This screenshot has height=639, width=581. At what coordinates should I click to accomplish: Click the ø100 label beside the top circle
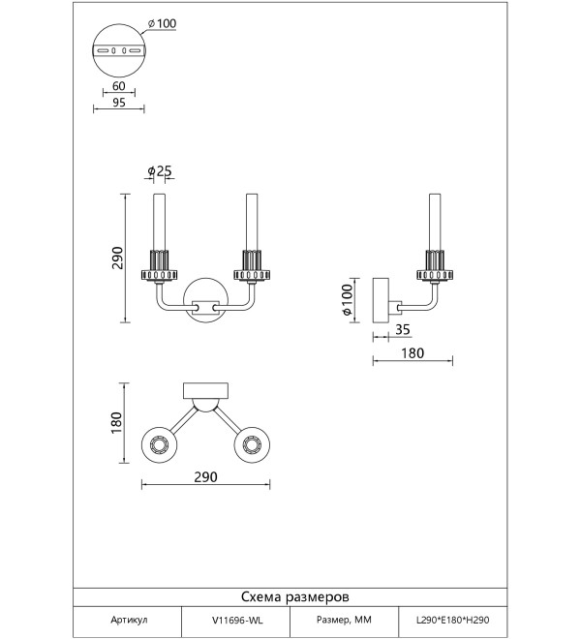163,23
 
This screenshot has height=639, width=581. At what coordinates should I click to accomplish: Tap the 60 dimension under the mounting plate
119,86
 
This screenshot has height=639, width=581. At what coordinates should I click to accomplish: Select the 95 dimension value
119,103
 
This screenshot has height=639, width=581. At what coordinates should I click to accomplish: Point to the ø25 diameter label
160,171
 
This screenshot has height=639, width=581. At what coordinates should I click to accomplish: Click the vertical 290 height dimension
118,258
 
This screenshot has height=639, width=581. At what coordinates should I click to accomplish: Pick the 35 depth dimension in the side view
403,329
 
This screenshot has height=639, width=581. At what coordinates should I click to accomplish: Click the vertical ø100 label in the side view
347,300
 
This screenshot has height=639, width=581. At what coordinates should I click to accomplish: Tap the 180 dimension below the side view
413,353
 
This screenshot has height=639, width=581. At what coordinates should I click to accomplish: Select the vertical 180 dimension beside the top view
116,422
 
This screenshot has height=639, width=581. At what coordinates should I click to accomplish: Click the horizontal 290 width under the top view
205,476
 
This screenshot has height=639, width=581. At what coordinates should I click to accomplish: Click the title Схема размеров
295,597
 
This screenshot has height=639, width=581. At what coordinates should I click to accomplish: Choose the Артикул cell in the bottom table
129,620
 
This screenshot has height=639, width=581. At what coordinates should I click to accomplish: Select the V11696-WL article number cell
237,621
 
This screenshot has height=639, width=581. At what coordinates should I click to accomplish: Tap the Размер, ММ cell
344,620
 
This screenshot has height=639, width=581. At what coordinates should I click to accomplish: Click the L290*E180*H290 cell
452,621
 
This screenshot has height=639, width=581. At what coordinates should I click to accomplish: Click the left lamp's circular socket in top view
159,444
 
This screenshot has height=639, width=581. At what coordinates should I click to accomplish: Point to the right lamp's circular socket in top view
252,444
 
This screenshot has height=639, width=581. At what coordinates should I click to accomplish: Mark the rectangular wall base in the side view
381,300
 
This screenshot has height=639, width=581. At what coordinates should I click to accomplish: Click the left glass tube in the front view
159,222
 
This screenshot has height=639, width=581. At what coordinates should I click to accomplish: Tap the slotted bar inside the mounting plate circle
119,51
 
